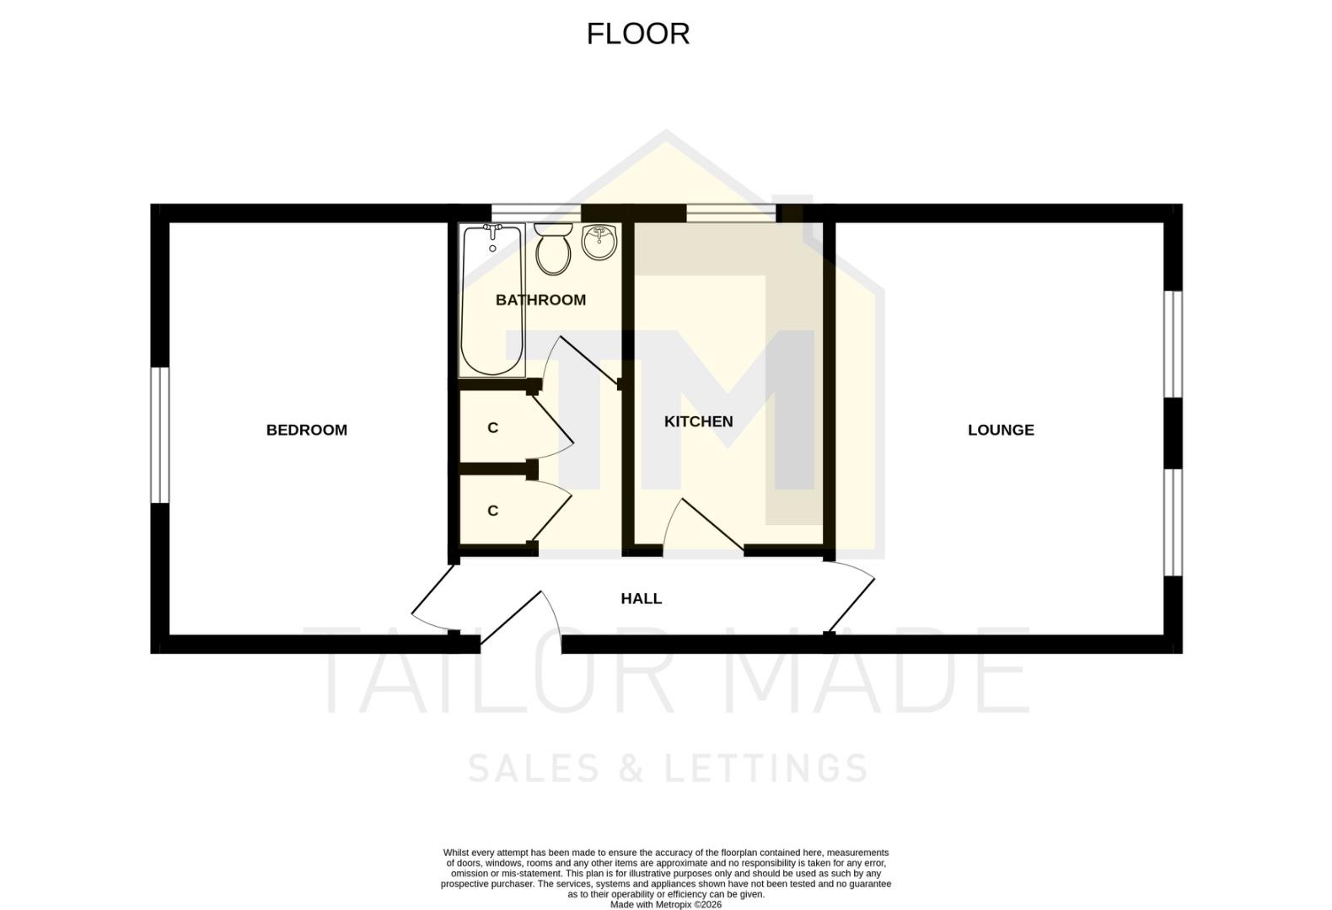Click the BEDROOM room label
[307, 430]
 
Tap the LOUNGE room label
[1001, 430]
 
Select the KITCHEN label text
[698, 421]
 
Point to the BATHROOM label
[540, 300]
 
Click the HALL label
[642, 598]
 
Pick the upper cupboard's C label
[493, 428]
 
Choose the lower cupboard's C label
[493, 511]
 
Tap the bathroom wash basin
[601, 242]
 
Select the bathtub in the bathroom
[492, 303]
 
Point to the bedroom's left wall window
[160, 435]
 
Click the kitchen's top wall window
[731, 212]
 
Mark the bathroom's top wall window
[536, 212]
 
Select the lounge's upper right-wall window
[1173, 344]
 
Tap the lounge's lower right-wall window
[1173, 522]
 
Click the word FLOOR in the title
[638, 34]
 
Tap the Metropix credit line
[666, 905]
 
